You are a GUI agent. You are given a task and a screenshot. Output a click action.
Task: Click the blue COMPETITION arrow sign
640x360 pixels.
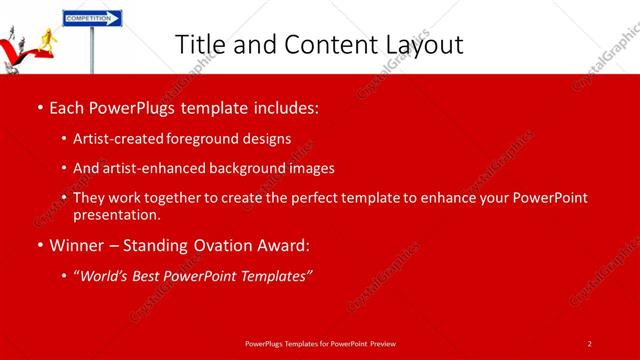click(92, 18)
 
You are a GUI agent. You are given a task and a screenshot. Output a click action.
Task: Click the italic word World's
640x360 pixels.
click(104, 275)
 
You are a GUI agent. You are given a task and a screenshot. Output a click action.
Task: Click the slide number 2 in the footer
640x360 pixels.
click(590, 344)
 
